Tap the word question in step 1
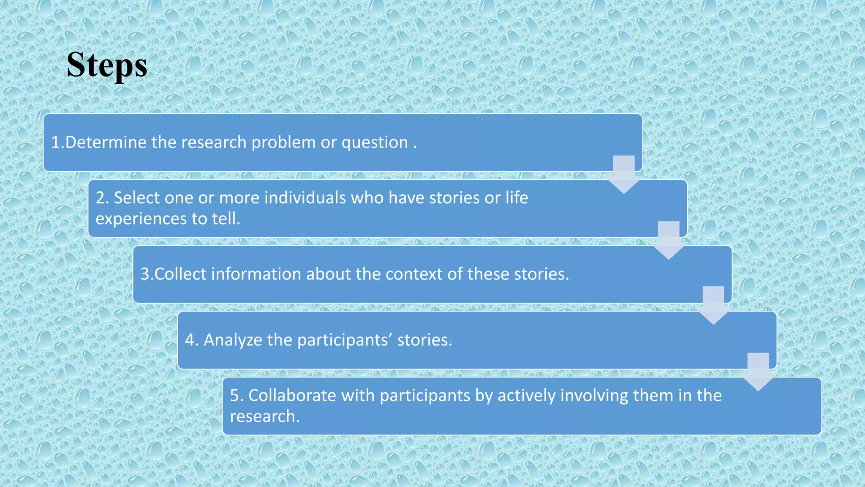pos(375,143)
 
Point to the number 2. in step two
pos(102,198)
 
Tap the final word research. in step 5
pos(265,416)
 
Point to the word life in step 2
pos(517,198)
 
